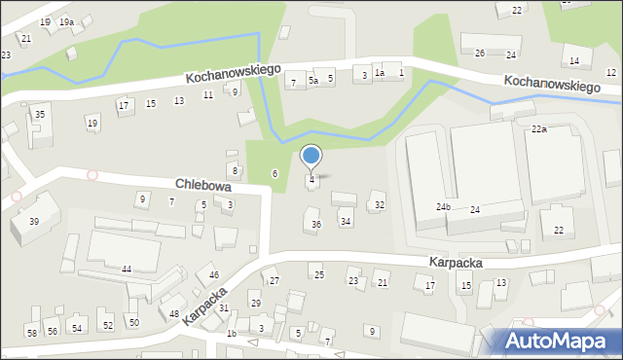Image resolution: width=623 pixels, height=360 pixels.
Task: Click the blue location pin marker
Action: [311, 157]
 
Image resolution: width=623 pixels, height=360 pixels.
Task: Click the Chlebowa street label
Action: [202, 184]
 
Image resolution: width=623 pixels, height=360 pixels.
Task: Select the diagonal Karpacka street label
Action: [204, 306]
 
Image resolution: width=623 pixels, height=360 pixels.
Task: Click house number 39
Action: [34, 222]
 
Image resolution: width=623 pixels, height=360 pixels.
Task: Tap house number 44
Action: [127, 269]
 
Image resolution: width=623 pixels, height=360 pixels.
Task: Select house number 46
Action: [214, 276]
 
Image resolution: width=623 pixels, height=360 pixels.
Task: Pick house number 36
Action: [315, 225]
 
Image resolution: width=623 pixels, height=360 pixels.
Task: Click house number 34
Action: [346, 222]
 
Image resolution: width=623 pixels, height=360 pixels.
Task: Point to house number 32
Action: [380, 205]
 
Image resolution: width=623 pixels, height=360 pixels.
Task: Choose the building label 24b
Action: [443, 207]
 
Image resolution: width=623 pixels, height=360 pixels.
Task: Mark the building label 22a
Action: [538, 129]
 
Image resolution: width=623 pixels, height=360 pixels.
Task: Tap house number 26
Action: [479, 53]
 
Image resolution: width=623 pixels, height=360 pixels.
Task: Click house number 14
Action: [574, 61]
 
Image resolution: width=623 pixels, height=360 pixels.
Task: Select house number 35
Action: [39, 115]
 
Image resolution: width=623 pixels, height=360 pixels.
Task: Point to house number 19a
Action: [65, 21]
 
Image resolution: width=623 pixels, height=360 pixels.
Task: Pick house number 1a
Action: [380, 73]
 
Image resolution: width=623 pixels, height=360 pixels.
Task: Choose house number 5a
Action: [312, 81]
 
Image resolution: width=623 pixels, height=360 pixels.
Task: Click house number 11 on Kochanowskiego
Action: [208, 94]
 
